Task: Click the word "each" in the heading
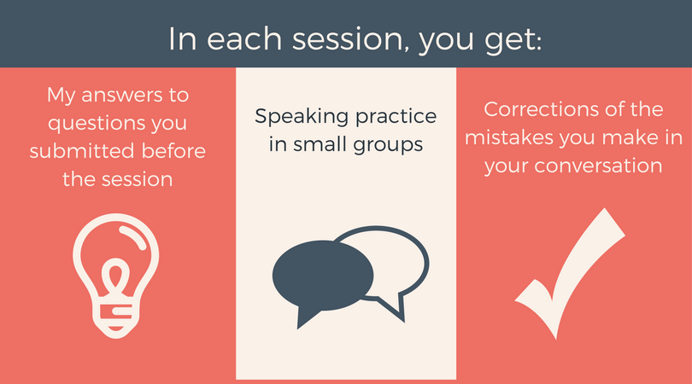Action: (x=244, y=38)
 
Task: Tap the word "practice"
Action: (x=396, y=118)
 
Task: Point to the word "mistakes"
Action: (x=509, y=137)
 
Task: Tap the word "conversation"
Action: (x=598, y=166)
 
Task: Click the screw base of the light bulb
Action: (x=115, y=317)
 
